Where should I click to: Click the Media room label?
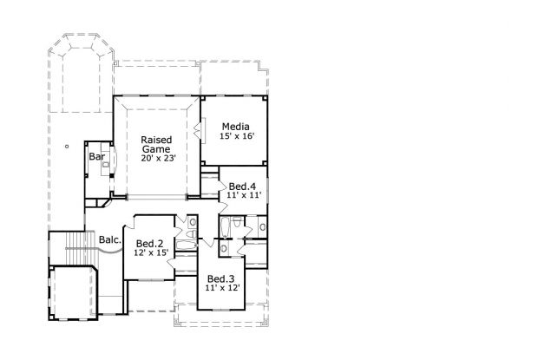235,127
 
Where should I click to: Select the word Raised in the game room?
156,140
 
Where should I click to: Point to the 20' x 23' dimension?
156,159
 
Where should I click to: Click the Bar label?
96,157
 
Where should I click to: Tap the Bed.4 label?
242,187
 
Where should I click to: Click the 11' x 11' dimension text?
242,197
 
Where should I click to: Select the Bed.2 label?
149,243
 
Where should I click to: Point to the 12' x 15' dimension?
149,252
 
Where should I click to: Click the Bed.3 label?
220,278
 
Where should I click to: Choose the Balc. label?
108,239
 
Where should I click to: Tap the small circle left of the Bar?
65,147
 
